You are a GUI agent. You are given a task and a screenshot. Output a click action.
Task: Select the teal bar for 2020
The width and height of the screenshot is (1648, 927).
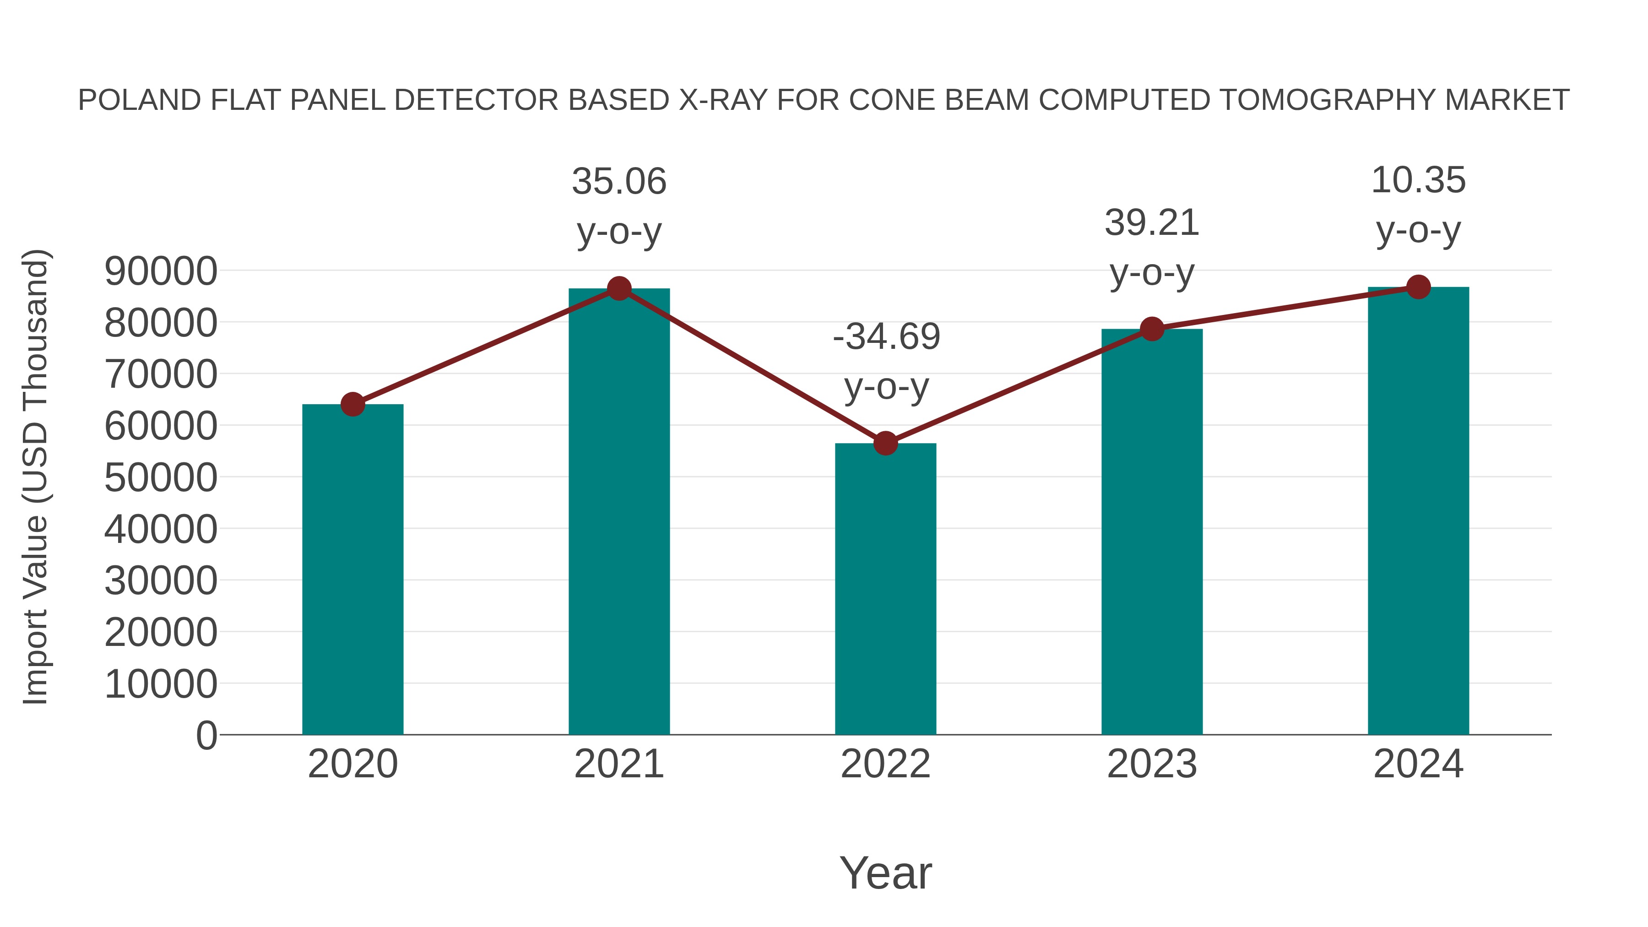click(352, 569)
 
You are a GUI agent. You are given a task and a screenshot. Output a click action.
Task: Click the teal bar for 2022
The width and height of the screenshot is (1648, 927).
click(885, 589)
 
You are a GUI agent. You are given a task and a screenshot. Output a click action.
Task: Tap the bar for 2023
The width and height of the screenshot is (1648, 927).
click(1152, 531)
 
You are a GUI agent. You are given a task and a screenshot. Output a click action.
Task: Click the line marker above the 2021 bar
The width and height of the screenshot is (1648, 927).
click(618, 288)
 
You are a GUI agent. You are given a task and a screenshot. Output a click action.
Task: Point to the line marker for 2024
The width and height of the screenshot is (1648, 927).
click(1418, 287)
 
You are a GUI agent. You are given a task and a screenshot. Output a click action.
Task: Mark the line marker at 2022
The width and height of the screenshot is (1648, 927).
click(885, 443)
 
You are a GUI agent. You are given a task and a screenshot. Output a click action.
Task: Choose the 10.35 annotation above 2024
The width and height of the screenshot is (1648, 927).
click(1418, 180)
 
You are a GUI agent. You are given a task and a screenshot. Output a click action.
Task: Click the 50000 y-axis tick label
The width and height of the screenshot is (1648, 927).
click(161, 477)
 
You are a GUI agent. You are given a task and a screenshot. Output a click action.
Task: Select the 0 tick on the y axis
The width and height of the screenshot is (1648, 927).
click(206, 735)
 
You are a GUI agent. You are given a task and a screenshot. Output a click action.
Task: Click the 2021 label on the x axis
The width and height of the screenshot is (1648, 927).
click(618, 764)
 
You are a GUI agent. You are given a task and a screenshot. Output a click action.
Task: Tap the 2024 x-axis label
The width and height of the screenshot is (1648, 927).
click(1418, 764)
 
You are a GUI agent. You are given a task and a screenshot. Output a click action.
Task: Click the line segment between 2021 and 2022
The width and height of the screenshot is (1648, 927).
click(752, 366)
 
